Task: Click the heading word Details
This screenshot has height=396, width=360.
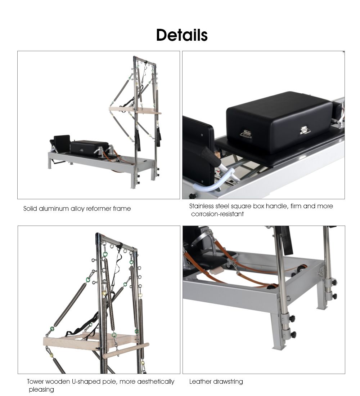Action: (x=182, y=35)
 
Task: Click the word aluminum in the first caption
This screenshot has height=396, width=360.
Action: (x=54, y=209)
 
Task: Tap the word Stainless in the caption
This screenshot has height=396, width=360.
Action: (x=201, y=206)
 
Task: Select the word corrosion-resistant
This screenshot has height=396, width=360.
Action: (x=217, y=214)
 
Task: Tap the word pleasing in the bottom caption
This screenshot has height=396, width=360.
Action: (x=41, y=390)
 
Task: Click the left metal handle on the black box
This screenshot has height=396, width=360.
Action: (x=246, y=134)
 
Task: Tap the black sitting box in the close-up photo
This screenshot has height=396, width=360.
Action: (x=279, y=121)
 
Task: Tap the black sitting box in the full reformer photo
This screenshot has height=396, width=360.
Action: (x=89, y=147)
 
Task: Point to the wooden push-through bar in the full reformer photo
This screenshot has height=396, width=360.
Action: (x=135, y=111)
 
